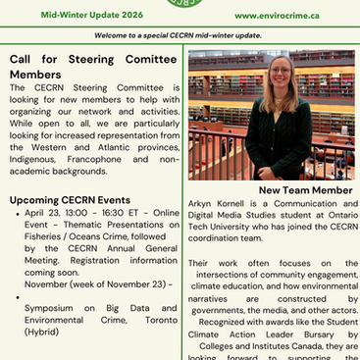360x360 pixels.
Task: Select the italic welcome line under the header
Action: (x=180, y=35)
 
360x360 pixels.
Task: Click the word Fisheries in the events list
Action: (x=44, y=236)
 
